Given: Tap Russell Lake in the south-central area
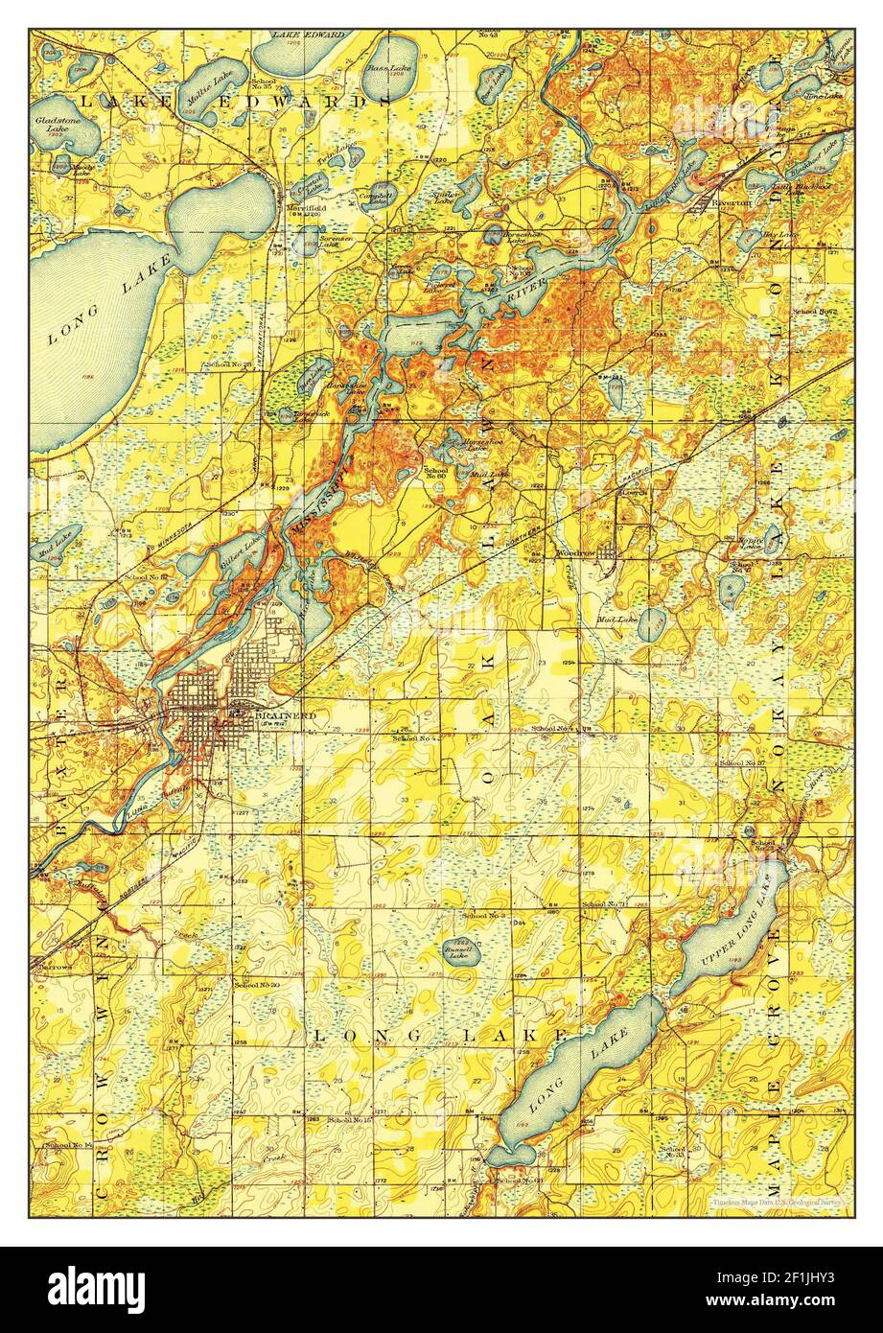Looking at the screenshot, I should (x=461, y=950).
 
